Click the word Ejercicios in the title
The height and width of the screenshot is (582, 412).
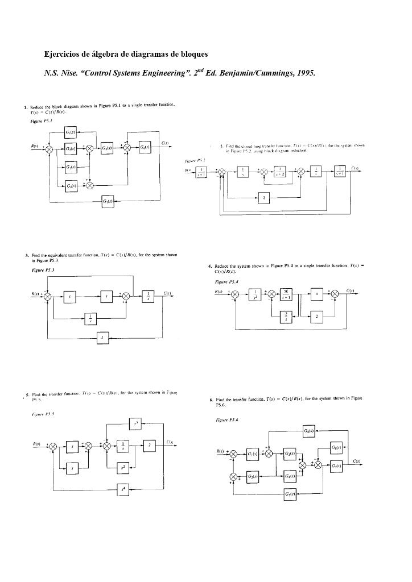[x=63, y=55]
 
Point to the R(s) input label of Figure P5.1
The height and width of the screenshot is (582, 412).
[x=35, y=146]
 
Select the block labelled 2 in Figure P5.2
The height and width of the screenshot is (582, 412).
[x=263, y=197]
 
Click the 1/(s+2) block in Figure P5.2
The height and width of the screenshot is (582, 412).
[x=279, y=172]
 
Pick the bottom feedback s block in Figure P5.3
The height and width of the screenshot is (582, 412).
[x=102, y=337]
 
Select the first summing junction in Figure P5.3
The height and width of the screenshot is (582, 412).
[x=48, y=296]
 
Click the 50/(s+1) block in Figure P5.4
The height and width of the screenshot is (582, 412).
[x=288, y=294]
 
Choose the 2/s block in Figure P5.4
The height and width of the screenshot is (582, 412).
[x=288, y=316]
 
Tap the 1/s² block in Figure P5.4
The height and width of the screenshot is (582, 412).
[x=259, y=294]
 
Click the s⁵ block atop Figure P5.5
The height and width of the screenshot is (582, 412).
[x=135, y=423]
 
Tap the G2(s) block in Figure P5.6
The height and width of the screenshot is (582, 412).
[x=253, y=476]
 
